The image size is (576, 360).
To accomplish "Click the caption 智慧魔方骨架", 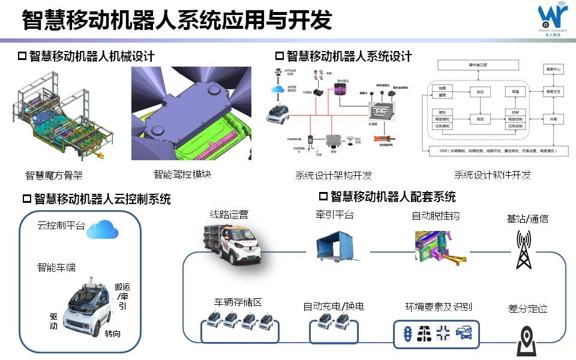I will tap(53, 175).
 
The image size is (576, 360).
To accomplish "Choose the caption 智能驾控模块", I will tap(182, 175).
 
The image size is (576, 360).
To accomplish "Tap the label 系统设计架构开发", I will tap(334, 175).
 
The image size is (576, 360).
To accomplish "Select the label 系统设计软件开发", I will tap(492, 175).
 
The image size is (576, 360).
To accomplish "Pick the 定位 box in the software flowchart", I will tap(480, 92).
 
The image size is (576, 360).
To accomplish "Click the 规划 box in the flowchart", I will tap(480, 119).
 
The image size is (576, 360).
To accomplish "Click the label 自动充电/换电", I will tap(334, 306).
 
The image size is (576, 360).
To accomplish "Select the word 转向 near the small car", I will tap(112, 333).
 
